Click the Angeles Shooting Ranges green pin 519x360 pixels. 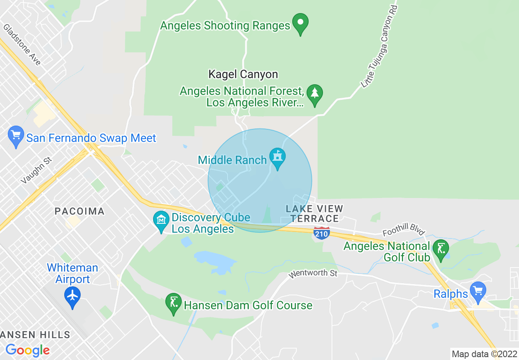click(300, 23)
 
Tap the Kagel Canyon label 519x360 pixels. click(243, 74)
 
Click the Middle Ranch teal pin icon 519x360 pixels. click(278, 157)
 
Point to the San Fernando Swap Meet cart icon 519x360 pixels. click(16, 135)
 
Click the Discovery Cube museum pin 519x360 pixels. click(161, 220)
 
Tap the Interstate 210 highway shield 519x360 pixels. click(322, 234)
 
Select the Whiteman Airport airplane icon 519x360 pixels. click(72, 296)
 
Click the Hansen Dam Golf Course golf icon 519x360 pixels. click(174, 303)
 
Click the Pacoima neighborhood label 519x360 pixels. click(80, 211)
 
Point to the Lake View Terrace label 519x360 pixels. click(314, 214)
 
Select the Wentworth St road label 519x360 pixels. click(313, 273)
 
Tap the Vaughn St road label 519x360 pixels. click(36, 170)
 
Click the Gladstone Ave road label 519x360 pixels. click(22, 44)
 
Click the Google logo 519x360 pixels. click(27, 350)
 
